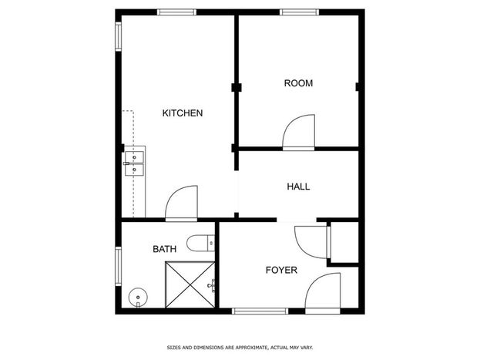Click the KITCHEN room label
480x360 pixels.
click(x=183, y=113)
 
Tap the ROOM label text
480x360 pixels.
click(x=298, y=83)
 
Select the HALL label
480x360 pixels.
click(x=298, y=187)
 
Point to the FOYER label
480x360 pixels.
click(x=281, y=270)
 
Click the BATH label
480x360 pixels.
click(x=164, y=249)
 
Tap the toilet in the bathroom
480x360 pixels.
click(x=201, y=244)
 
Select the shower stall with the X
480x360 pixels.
click(x=190, y=284)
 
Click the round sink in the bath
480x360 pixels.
click(x=138, y=298)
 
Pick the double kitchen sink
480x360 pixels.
click(x=134, y=164)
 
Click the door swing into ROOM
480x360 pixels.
click(x=298, y=133)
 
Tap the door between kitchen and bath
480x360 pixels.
click(x=181, y=204)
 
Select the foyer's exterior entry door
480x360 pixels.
click(x=323, y=293)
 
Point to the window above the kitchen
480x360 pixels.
click(x=177, y=12)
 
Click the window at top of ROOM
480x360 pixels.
click(x=300, y=12)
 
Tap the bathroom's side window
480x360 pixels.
click(x=118, y=266)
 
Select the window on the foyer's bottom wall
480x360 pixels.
click(x=260, y=311)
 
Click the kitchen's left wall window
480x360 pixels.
click(x=118, y=36)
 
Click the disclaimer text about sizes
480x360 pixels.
click(x=240, y=348)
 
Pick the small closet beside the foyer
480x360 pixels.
click(x=344, y=242)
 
